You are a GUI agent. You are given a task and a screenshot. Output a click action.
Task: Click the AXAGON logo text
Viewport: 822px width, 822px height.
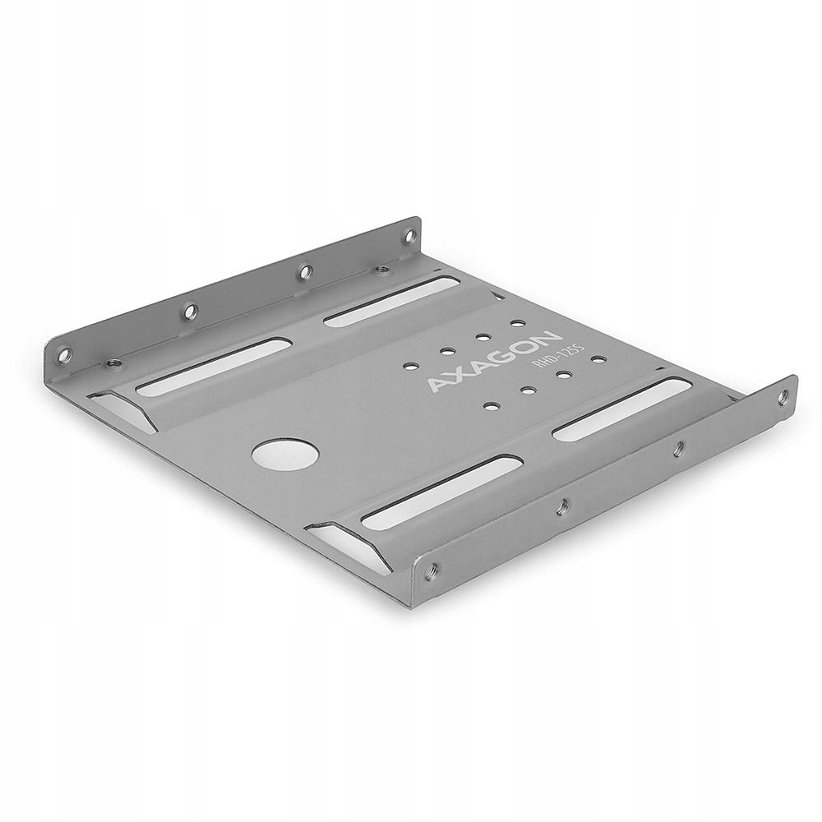click(494, 362)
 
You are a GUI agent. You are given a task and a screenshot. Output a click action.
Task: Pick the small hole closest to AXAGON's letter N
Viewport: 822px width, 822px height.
click(517, 324)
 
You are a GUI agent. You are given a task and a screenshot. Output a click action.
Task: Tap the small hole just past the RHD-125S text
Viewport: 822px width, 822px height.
click(598, 359)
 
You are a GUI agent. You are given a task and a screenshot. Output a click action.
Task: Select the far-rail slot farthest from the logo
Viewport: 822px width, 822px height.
click(213, 367)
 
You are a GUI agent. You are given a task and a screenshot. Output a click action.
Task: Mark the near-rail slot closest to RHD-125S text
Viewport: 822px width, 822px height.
click(621, 409)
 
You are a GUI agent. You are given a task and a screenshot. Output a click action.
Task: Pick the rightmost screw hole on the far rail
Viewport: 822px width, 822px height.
click(407, 237)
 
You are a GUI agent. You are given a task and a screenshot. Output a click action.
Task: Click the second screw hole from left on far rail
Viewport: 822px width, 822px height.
click(189, 312)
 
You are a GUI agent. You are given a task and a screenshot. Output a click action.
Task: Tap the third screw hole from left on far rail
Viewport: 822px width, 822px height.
click(304, 270)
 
